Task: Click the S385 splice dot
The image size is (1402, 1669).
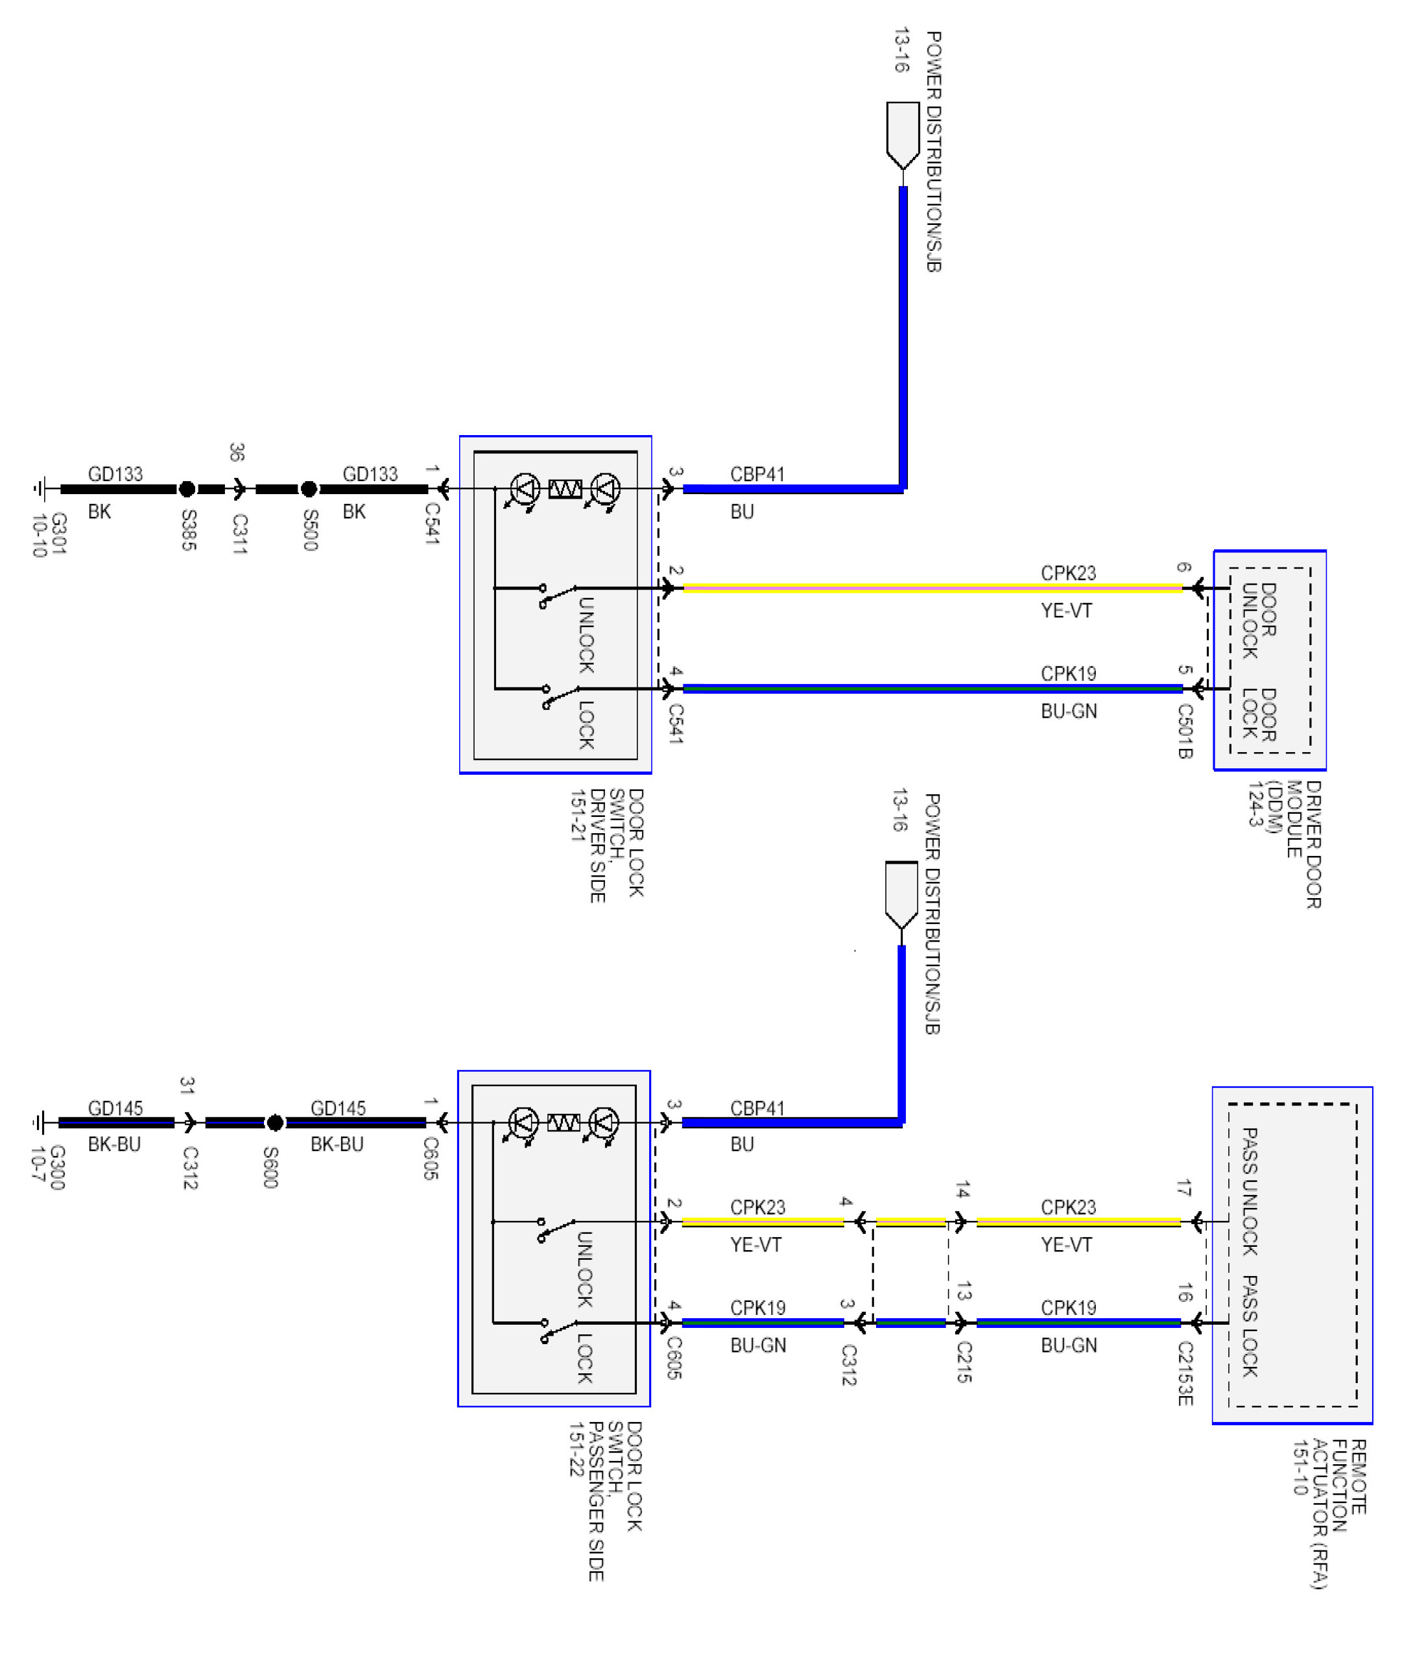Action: pyautogui.click(x=187, y=489)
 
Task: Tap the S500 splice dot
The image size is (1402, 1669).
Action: pyautogui.click(x=309, y=489)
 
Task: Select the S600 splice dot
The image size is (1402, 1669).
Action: pyautogui.click(x=275, y=1122)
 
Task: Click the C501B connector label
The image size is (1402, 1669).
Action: pyautogui.click(x=1184, y=730)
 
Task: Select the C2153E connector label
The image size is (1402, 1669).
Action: pyautogui.click(x=1184, y=1373)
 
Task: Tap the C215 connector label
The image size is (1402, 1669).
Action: pyautogui.click(x=963, y=1362)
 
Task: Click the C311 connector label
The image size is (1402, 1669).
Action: pyautogui.click(x=239, y=533)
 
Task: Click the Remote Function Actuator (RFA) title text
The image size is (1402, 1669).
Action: pyautogui.click(x=1329, y=1513)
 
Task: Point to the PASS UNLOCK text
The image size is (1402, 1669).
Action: pyautogui.click(x=1250, y=1191)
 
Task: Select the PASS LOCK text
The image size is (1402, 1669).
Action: pyautogui.click(x=1250, y=1325)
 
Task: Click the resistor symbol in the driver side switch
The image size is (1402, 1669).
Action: pyautogui.click(x=564, y=488)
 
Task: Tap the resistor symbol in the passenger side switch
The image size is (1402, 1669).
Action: pyautogui.click(x=563, y=1122)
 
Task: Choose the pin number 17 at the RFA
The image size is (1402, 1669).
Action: pyautogui.click(x=1183, y=1188)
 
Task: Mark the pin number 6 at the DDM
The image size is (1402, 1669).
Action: pyautogui.click(x=1183, y=567)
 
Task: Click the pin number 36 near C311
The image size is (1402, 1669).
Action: pyautogui.click(x=236, y=452)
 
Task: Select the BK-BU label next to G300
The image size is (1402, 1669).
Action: pyautogui.click(x=114, y=1144)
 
